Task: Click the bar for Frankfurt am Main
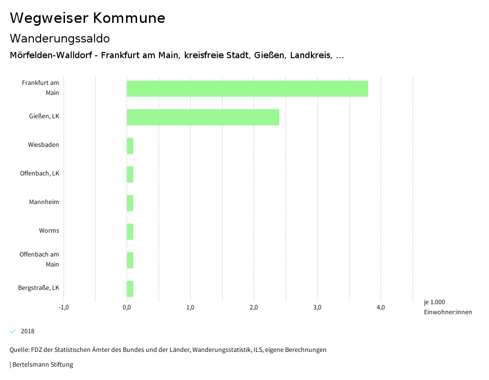(x=247, y=89)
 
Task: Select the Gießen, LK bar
(x=203, y=117)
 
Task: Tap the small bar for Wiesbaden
(x=130, y=146)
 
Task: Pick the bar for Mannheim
(x=130, y=203)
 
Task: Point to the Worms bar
(x=130, y=232)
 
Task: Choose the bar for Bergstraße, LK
(x=130, y=289)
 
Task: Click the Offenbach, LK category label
(x=40, y=174)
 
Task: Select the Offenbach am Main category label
(x=40, y=259)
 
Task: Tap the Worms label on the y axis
(x=49, y=231)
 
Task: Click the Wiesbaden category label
(x=43, y=145)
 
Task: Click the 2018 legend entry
(x=27, y=331)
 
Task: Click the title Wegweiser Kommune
(x=87, y=18)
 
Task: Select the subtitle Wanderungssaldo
(x=60, y=38)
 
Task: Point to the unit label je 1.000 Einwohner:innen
(x=447, y=307)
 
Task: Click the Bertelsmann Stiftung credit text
(x=43, y=365)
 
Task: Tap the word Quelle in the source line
(x=19, y=350)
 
